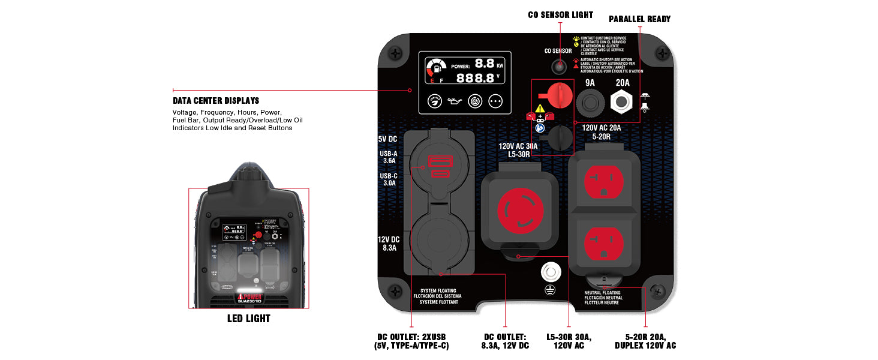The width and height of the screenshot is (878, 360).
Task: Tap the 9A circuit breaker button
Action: click(590, 102)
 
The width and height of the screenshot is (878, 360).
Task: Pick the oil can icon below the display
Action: click(455, 101)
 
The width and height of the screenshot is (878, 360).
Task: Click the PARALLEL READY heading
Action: click(639, 19)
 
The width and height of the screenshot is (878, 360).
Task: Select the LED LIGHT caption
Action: click(248, 319)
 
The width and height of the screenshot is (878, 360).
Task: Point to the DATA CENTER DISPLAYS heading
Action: click(216, 101)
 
